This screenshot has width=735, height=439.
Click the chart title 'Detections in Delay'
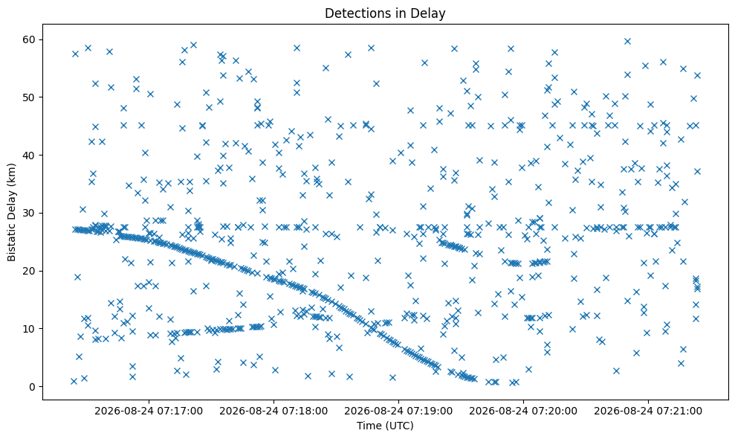tap(385, 13)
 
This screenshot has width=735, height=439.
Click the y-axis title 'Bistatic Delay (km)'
tap(11, 212)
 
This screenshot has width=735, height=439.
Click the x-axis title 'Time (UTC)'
tap(385, 426)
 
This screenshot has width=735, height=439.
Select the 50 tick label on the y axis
tap(30, 97)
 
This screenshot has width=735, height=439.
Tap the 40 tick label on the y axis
tap(30, 155)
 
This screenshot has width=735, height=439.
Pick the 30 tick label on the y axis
tap(30, 213)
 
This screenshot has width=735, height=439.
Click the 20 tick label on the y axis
tap(30, 271)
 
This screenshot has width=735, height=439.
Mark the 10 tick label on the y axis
tap(30, 329)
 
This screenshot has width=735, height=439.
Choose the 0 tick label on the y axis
tap(33, 387)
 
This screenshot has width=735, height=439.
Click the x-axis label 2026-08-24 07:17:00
tap(149, 411)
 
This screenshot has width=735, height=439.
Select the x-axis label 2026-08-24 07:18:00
tap(273, 411)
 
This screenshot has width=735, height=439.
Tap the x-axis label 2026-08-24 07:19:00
tap(399, 411)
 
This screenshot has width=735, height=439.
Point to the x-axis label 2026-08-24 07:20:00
tap(524, 411)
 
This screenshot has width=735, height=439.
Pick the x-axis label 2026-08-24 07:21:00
tap(648, 411)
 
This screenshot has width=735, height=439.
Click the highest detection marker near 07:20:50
tap(627, 42)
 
